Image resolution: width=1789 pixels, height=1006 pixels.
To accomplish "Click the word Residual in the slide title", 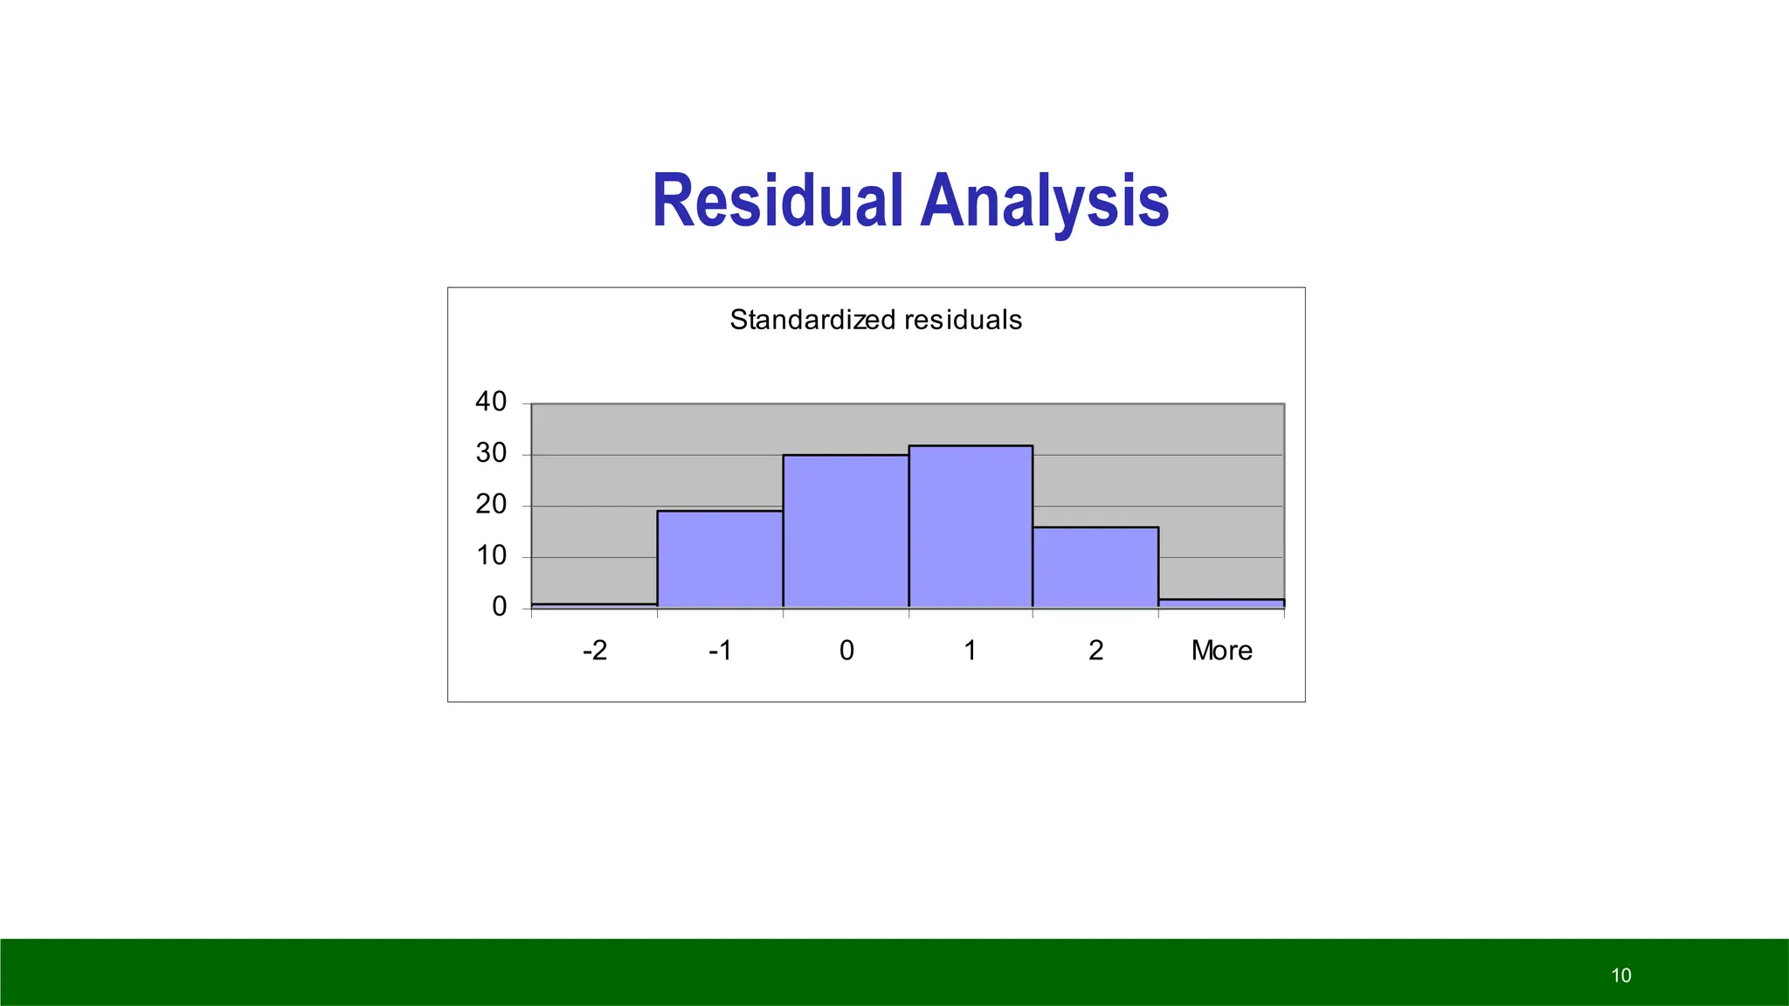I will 777,202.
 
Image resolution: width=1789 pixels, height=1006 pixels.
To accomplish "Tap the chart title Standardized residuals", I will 875,320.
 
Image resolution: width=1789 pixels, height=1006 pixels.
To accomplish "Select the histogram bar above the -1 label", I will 720,559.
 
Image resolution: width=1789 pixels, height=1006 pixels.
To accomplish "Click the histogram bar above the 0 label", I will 846,531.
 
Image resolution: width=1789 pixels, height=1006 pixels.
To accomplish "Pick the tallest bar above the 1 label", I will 970,527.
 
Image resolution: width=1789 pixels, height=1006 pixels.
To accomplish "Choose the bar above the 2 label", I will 1095,567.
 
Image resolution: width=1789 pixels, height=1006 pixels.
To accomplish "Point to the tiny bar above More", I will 1221,603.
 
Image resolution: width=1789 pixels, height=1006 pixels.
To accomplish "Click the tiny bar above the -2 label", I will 594,604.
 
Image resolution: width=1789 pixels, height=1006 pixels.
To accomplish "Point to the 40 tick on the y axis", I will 491,402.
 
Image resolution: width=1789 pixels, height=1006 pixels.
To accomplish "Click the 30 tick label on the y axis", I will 491,453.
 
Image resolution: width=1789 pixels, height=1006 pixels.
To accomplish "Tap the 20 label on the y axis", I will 491,504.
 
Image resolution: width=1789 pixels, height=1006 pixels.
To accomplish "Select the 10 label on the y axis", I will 491,555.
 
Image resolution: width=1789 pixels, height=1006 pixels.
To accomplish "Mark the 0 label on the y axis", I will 499,606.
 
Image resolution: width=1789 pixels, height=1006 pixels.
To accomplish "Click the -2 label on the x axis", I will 594,651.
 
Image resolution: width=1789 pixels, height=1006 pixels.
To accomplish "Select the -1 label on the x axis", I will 720,651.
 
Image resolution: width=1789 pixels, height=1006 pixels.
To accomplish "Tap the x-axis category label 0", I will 846,651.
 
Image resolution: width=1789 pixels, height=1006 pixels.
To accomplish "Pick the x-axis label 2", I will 1095,651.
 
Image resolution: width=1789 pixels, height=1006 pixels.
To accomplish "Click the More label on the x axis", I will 1221,651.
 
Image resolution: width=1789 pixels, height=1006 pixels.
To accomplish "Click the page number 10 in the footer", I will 1620,975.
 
